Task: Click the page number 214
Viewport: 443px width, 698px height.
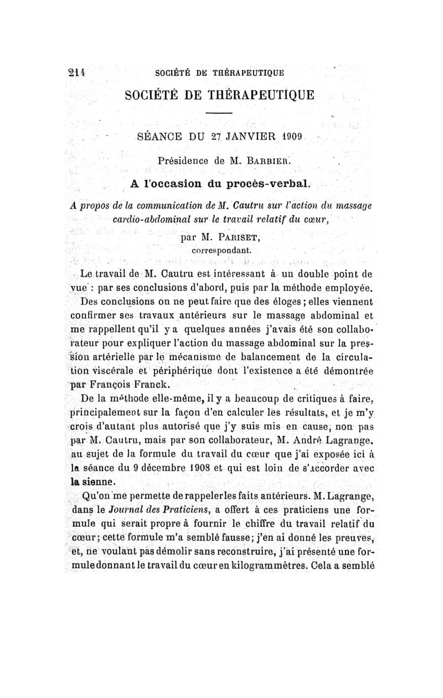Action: point(77,71)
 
